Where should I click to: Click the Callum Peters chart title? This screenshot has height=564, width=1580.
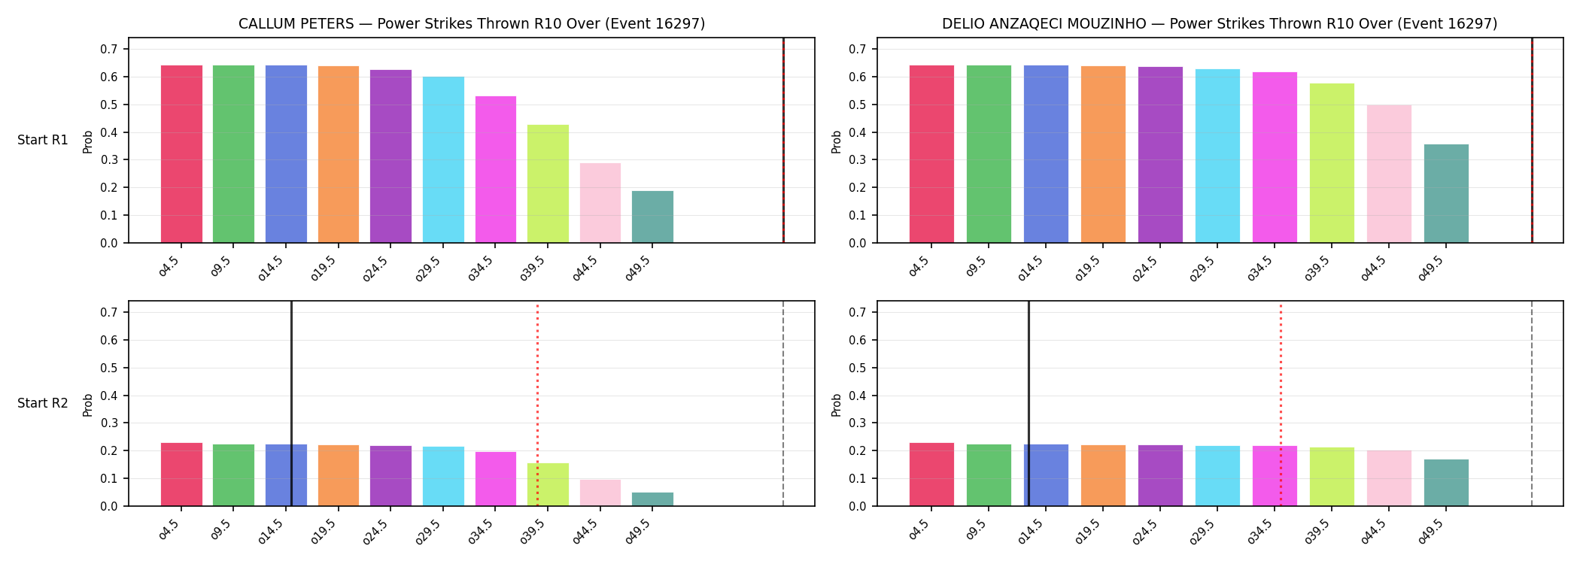point(472,24)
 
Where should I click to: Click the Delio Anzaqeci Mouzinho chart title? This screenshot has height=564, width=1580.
point(1220,24)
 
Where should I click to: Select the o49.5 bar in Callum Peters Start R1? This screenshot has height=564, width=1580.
point(652,217)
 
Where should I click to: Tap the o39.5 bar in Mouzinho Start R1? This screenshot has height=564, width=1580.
point(1332,163)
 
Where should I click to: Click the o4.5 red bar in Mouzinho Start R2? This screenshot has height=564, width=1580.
point(931,475)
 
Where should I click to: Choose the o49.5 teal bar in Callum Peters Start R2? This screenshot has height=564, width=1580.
point(652,499)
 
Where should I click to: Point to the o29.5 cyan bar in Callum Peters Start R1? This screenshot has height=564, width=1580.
point(443,159)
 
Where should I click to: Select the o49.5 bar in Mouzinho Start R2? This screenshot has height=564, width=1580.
point(1446,483)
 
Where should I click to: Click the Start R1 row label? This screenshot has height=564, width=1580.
point(43,140)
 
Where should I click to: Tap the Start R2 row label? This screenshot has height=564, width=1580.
point(43,403)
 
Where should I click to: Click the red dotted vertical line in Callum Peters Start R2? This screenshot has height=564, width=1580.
point(537,404)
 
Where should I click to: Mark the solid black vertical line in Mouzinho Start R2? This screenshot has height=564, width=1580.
point(1029,404)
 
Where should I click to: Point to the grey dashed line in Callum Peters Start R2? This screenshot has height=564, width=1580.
point(783,404)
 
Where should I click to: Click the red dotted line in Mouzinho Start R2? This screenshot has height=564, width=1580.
point(1281,404)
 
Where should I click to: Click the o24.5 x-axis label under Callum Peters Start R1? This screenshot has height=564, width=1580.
point(377,268)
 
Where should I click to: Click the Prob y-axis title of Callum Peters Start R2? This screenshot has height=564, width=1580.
point(88,405)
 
